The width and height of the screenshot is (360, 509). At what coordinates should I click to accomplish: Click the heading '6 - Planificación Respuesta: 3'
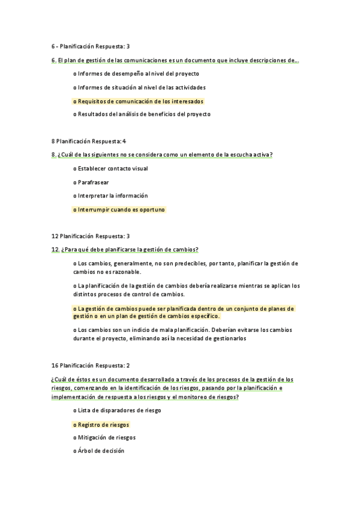91,46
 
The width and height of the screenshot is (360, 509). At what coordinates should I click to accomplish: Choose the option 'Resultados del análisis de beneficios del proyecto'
142,114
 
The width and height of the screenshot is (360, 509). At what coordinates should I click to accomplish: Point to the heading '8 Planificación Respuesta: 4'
89,141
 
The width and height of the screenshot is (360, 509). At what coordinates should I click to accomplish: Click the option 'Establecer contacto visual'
110,169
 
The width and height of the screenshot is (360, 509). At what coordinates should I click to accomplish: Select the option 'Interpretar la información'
110,196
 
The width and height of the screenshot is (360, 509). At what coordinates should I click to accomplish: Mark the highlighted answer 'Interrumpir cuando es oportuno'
119,209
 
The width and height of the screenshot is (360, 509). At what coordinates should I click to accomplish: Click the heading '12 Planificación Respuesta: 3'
91,236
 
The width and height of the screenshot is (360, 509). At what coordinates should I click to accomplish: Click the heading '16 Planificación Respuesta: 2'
91,365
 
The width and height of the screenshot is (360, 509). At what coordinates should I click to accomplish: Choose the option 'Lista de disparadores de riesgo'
117,411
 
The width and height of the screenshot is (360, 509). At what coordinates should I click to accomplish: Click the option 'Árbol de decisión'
98,451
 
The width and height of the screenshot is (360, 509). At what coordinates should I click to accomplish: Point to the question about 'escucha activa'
163,155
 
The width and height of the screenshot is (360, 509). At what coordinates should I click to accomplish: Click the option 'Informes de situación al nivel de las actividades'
139,88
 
